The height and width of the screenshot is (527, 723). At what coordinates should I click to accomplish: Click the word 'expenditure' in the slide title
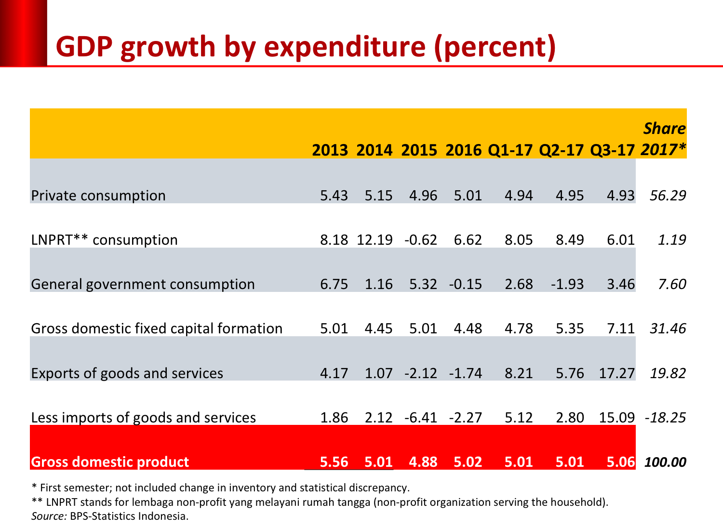[345, 47]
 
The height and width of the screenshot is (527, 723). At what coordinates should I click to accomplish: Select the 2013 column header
[330, 150]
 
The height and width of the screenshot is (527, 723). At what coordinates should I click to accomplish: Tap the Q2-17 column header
[561, 150]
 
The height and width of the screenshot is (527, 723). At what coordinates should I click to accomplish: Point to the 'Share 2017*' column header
[664, 139]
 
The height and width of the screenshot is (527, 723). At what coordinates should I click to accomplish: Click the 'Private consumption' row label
[98, 196]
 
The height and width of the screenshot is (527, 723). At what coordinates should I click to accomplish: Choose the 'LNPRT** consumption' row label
[105, 240]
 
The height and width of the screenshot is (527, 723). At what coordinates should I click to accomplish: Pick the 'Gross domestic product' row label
[110, 462]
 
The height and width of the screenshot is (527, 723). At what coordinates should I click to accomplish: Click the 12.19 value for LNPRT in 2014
[375, 240]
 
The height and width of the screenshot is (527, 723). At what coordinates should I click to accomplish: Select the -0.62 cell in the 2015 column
[420, 240]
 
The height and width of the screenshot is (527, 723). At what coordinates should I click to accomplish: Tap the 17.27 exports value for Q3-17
[616, 373]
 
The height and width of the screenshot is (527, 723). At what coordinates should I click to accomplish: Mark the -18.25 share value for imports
[665, 418]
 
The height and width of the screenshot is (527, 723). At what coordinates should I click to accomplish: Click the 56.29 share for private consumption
[668, 196]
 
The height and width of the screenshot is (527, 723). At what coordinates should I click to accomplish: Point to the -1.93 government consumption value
[567, 284]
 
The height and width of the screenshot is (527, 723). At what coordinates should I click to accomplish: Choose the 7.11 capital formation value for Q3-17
[621, 329]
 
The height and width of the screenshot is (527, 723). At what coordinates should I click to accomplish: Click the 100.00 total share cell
[665, 462]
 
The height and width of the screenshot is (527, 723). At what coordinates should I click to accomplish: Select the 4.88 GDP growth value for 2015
[423, 462]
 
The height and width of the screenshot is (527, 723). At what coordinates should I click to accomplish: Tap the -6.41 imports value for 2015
[420, 418]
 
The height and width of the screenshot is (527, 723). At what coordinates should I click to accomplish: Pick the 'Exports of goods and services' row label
[127, 373]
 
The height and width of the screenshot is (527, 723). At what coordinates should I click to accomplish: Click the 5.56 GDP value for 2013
[334, 462]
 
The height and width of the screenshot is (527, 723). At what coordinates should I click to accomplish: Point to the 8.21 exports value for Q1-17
[519, 373]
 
